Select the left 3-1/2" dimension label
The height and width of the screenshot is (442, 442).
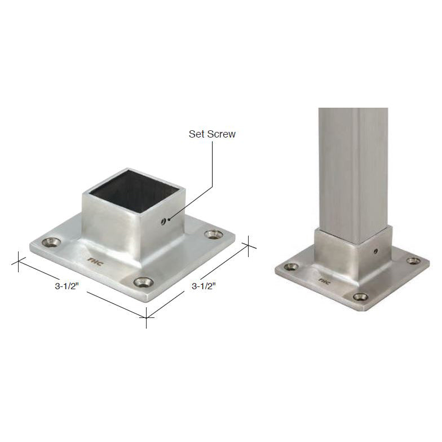click(x=67, y=286)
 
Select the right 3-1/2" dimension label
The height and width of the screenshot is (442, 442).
click(x=204, y=286)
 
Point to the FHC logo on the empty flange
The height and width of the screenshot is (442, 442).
click(x=94, y=260)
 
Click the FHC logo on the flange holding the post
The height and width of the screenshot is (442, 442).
click(x=324, y=279)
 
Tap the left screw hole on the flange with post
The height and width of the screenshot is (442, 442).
click(x=291, y=267)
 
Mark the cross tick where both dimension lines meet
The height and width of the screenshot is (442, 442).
click(x=147, y=319)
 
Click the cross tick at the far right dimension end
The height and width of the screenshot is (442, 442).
click(x=249, y=246)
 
